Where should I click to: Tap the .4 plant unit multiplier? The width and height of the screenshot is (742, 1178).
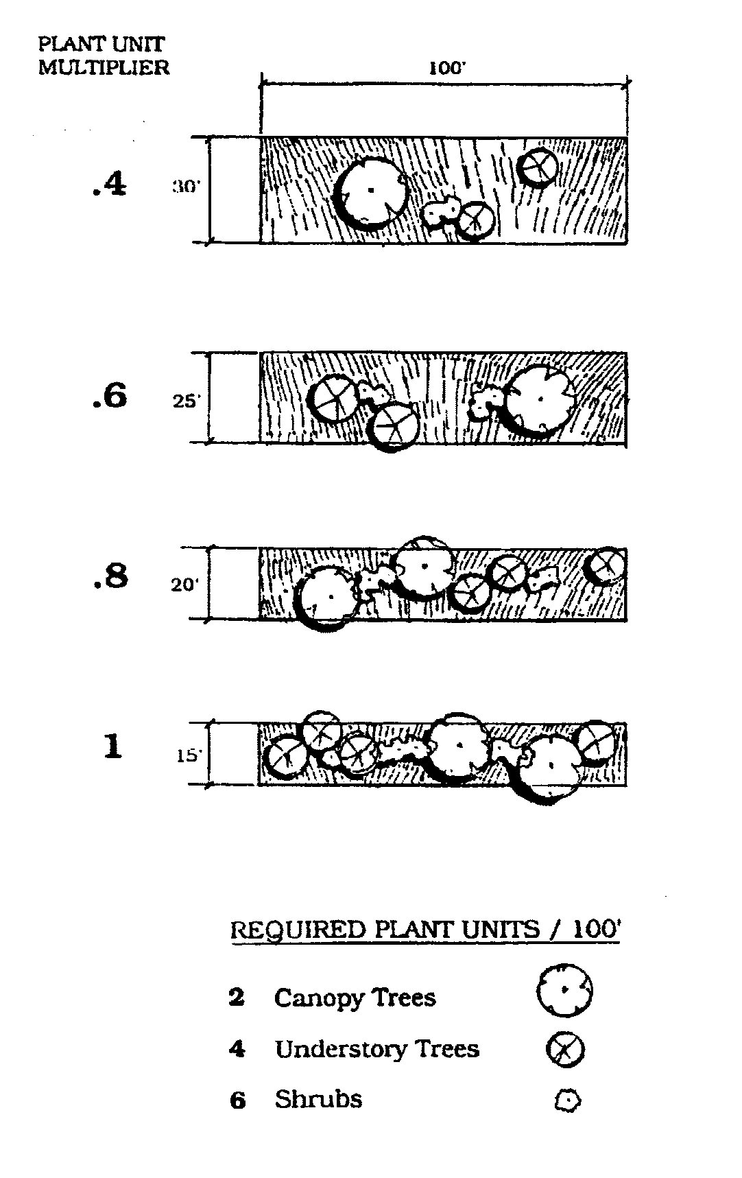(x=110, y=185)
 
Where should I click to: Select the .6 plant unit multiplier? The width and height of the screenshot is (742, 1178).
(x=110, y=396)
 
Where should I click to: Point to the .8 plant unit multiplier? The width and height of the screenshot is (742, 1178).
(x=110, y=576)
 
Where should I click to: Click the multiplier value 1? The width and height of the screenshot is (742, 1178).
(x=112, y=746)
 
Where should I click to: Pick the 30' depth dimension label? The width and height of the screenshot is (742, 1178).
(x=186, y=187)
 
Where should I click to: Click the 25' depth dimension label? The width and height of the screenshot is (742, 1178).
(x=186, y=401)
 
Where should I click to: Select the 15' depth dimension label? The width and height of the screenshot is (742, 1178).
(x=189, y=756)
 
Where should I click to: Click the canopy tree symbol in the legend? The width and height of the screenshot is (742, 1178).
(x=564, y=990)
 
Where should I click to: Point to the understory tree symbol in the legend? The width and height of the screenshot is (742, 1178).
(x=564, y=1049)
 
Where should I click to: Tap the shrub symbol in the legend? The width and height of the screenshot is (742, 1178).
(x=567, y=1101)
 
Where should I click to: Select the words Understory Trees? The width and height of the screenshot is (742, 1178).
(x=376, y=1049)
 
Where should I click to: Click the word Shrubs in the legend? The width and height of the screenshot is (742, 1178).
(x=318, y=1099)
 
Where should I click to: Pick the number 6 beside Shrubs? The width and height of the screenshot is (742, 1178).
(x=237, y=1100)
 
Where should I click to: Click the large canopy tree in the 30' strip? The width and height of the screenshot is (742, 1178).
(x=372, y=191)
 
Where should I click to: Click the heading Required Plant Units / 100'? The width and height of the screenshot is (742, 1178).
(x=425, y=930)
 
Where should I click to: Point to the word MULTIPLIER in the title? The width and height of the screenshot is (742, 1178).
(x=104, y=67)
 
